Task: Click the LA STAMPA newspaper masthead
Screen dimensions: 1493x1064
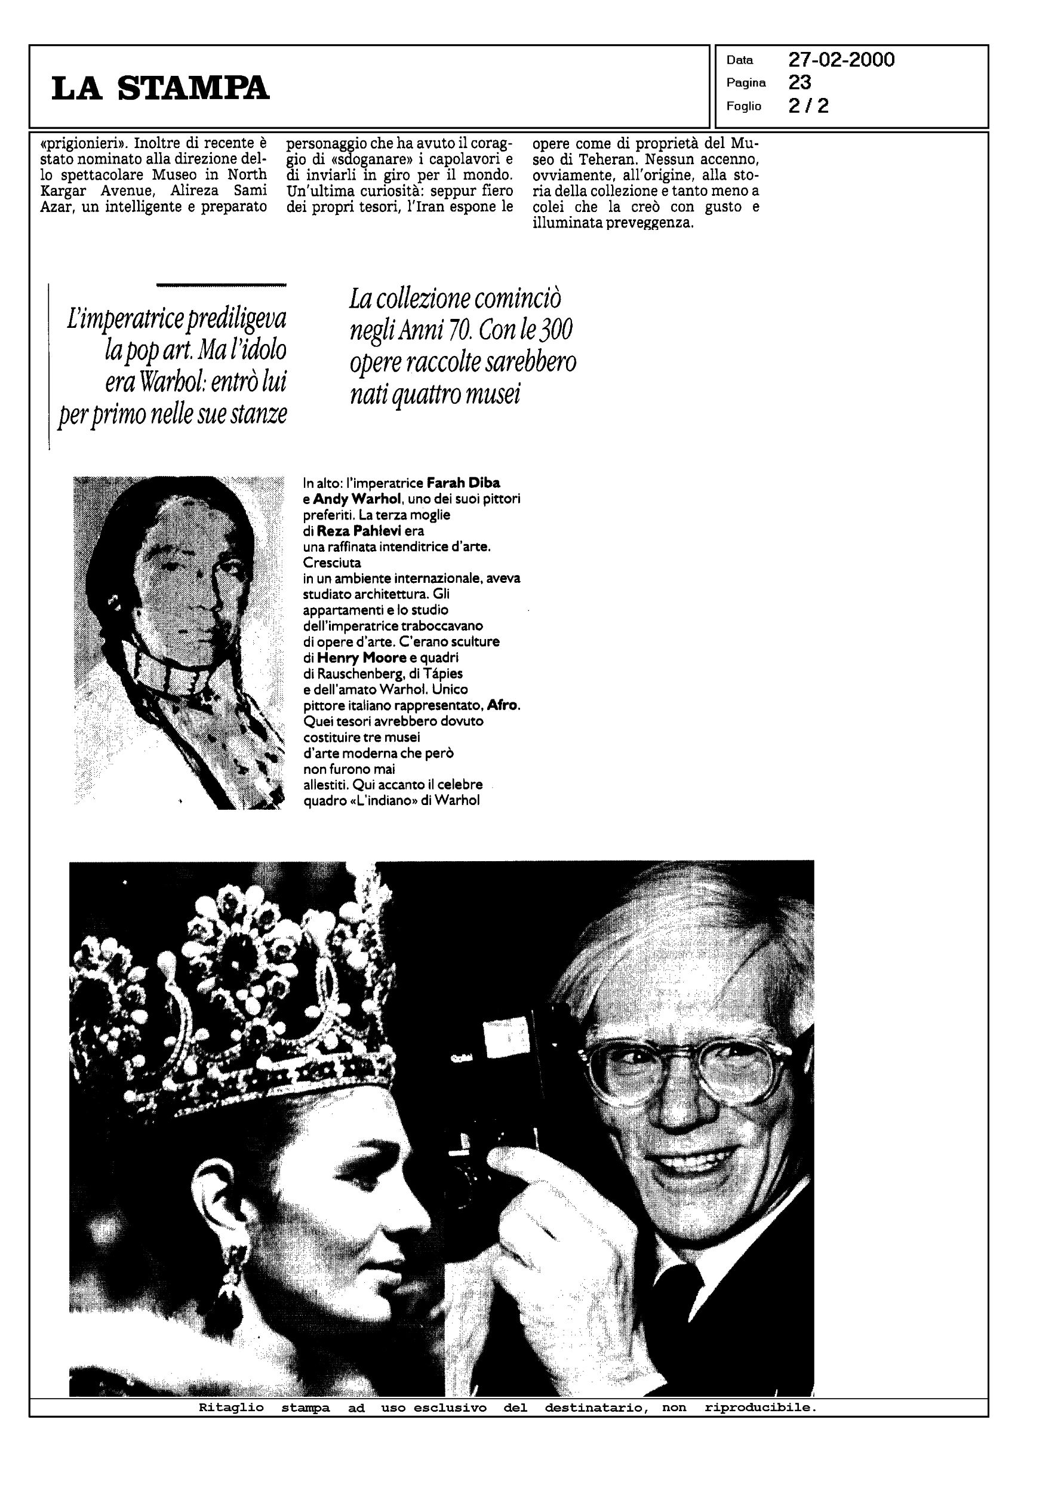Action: (x=160, y=88)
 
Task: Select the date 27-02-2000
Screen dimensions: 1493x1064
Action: (x=841, y=60)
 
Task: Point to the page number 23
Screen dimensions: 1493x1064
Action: (x=799, y=82)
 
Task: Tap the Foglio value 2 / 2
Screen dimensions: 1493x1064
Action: (x=808, y=106)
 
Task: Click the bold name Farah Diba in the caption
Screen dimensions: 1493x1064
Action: (x=463, y=483)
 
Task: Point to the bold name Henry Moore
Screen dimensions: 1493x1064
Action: (x=362, y=657)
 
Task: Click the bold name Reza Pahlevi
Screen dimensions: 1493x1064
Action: (x=358, y=531)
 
